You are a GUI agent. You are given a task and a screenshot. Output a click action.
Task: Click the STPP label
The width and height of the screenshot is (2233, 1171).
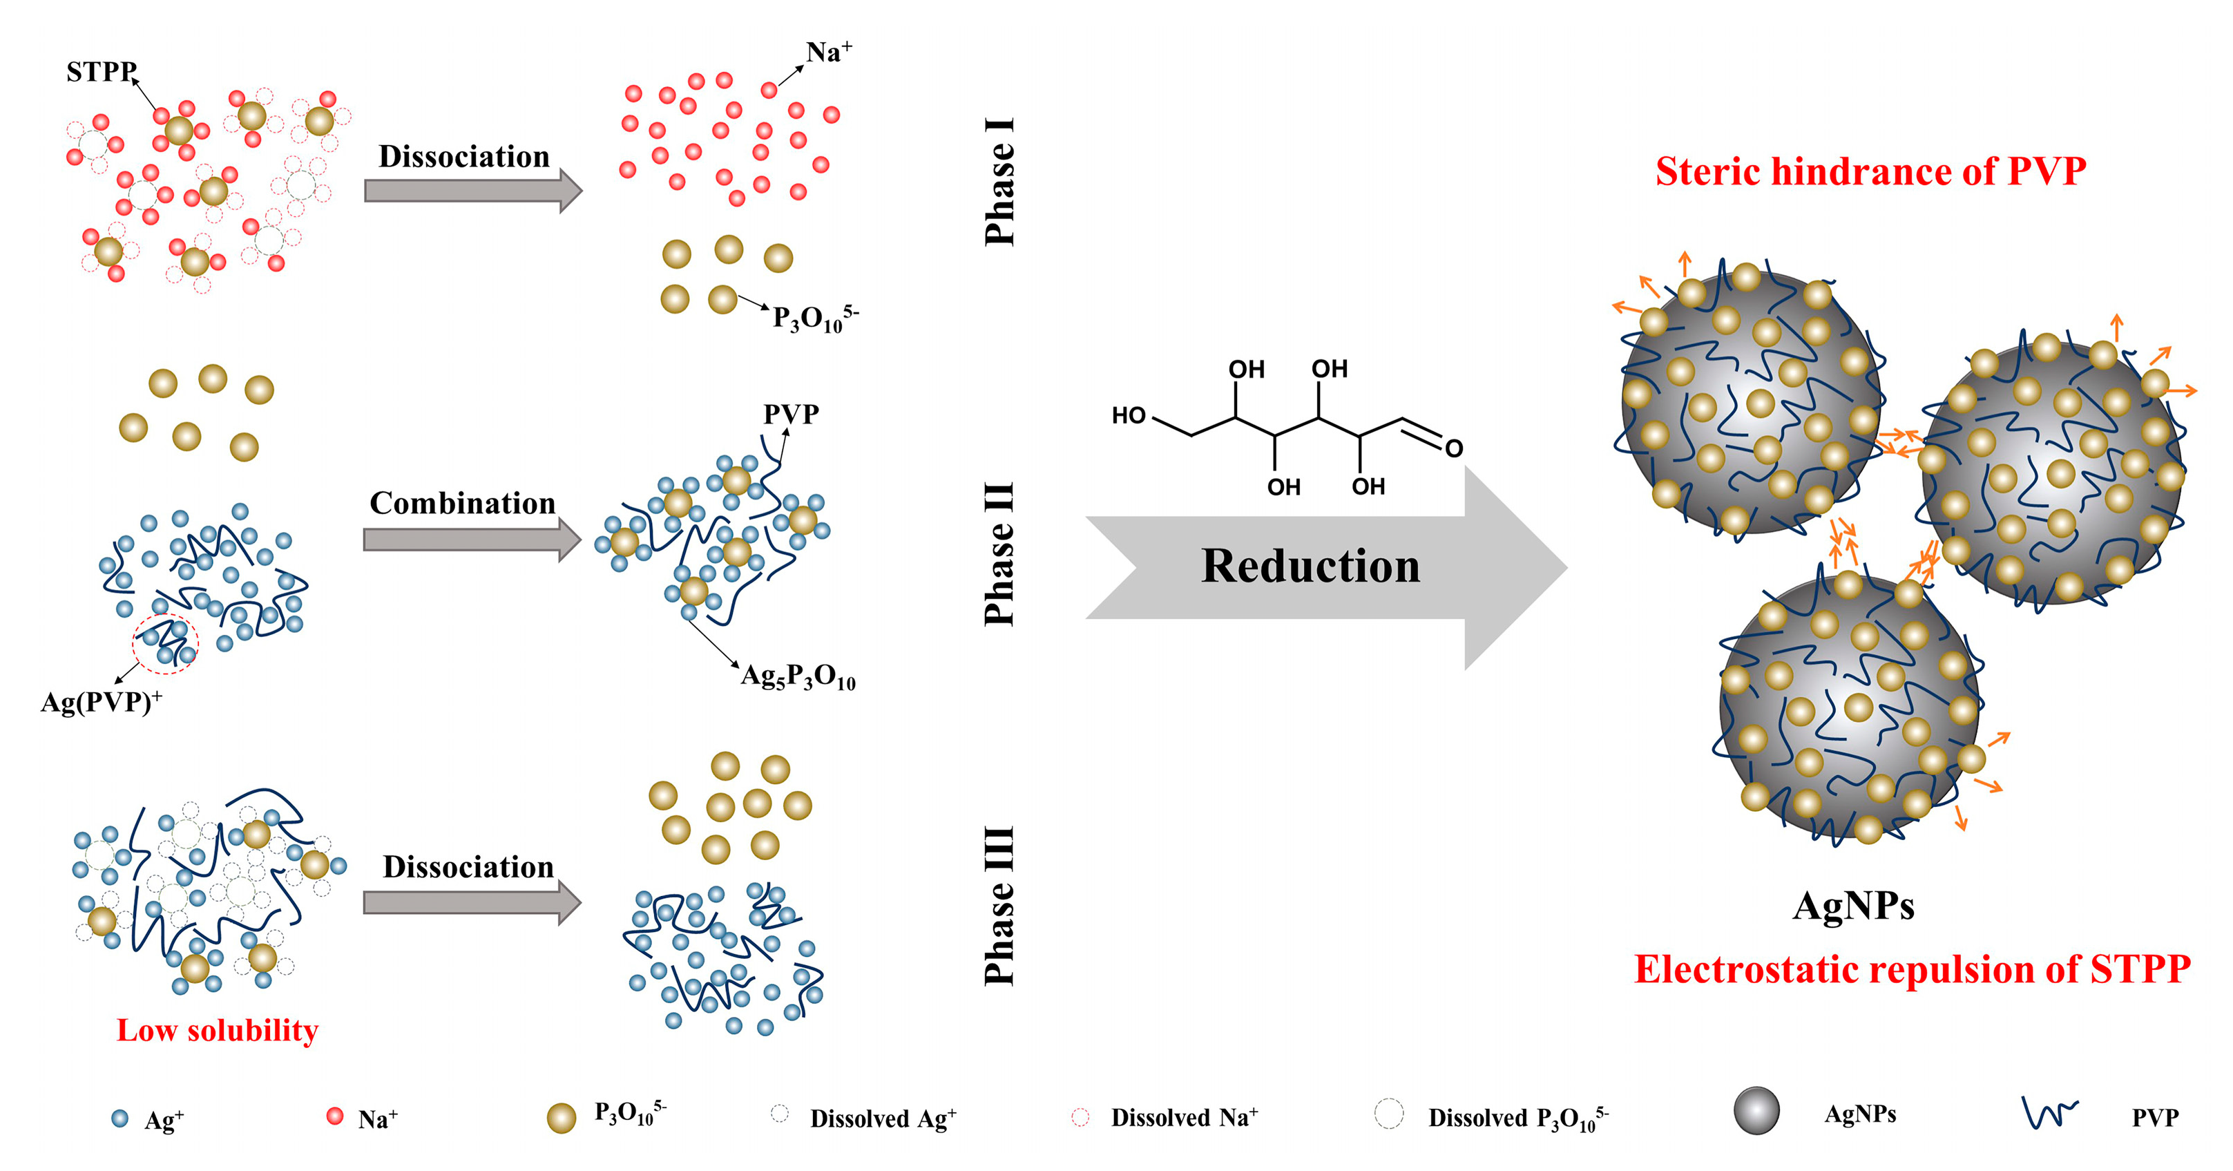coord(101,71)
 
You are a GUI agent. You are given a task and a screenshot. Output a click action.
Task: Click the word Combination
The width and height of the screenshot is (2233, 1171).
coord(462,504)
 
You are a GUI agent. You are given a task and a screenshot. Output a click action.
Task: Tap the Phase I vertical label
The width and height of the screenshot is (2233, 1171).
coord(999,182)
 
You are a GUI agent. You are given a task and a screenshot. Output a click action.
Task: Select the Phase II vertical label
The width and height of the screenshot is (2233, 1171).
coord(999,555)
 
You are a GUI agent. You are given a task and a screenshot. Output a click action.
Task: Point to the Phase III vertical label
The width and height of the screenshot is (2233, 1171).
coord(999,906)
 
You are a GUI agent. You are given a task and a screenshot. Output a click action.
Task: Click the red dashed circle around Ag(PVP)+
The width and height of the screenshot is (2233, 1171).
coord(164,644)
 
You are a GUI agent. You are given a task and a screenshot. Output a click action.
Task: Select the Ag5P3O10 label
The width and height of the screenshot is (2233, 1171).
coord(798,676)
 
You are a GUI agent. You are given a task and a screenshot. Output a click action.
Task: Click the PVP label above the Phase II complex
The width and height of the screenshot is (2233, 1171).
coord(791,415)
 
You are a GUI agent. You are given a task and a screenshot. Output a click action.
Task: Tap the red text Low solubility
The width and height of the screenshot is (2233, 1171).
coord(218,1031)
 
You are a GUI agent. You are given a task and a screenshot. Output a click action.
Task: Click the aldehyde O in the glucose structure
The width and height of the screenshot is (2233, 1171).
coord(1454,448)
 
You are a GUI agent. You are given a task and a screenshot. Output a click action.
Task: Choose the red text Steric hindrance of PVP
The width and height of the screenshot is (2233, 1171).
coord(1870,171)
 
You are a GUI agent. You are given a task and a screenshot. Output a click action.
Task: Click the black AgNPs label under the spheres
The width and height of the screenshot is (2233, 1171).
coord(1852,906)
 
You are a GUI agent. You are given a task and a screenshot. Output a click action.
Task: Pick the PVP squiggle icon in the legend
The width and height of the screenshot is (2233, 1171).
coord(2049,1112)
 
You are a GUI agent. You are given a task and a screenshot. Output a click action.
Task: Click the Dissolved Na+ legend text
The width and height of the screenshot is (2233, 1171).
coord(1184,1118)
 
